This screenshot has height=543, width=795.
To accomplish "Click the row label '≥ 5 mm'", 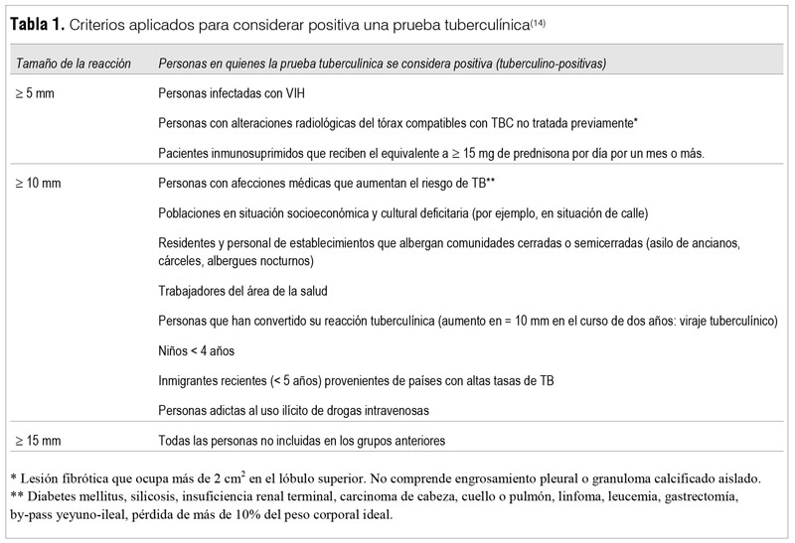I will point(35,93).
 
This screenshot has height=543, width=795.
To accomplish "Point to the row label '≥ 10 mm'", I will point(38,183).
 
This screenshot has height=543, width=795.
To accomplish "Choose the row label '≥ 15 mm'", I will point(38,438).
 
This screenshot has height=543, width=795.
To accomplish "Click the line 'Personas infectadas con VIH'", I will point(228,93).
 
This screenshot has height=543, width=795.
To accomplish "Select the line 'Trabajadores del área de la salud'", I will point(242,291).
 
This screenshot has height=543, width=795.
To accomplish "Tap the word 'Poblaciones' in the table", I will point(190,212).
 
